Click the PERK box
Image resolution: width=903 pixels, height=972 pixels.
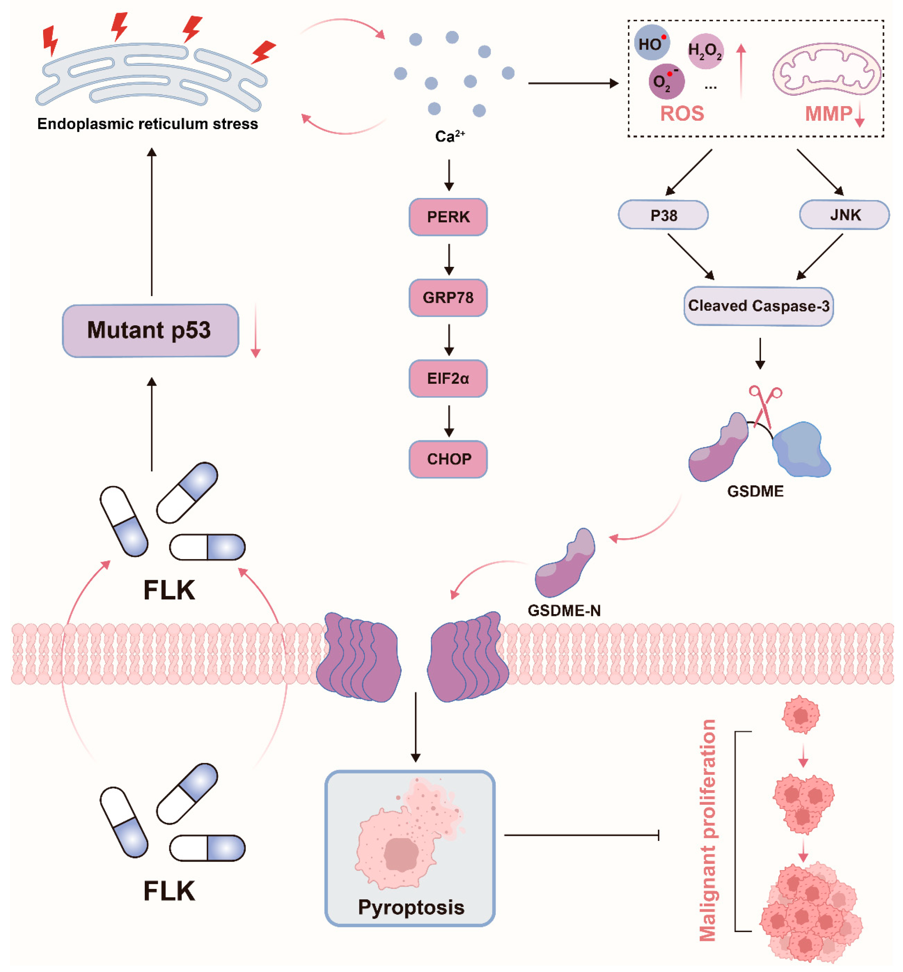pos(448,217)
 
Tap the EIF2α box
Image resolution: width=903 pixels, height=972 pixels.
pos(448,378)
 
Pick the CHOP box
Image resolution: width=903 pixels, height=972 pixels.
pos(448,459)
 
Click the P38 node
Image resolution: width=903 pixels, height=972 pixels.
pos(663,215)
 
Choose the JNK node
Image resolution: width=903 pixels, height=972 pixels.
pos(844,215)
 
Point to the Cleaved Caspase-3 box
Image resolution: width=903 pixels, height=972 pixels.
pos(758,306)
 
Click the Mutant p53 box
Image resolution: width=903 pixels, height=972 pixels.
pos(150,331)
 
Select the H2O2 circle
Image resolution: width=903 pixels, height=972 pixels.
pos(705,51)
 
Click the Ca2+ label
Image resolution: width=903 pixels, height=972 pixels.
pos(450,136)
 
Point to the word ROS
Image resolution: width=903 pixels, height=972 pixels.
pos(682,113)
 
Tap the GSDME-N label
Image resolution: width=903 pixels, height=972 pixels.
pos(564,610)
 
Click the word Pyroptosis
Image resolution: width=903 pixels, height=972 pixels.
pos(411,907)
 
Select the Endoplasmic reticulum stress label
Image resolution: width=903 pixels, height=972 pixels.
pos(147,123)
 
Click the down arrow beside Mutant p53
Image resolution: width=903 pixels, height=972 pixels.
pos(255,330)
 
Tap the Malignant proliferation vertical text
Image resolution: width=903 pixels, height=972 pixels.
pos(707,830)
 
